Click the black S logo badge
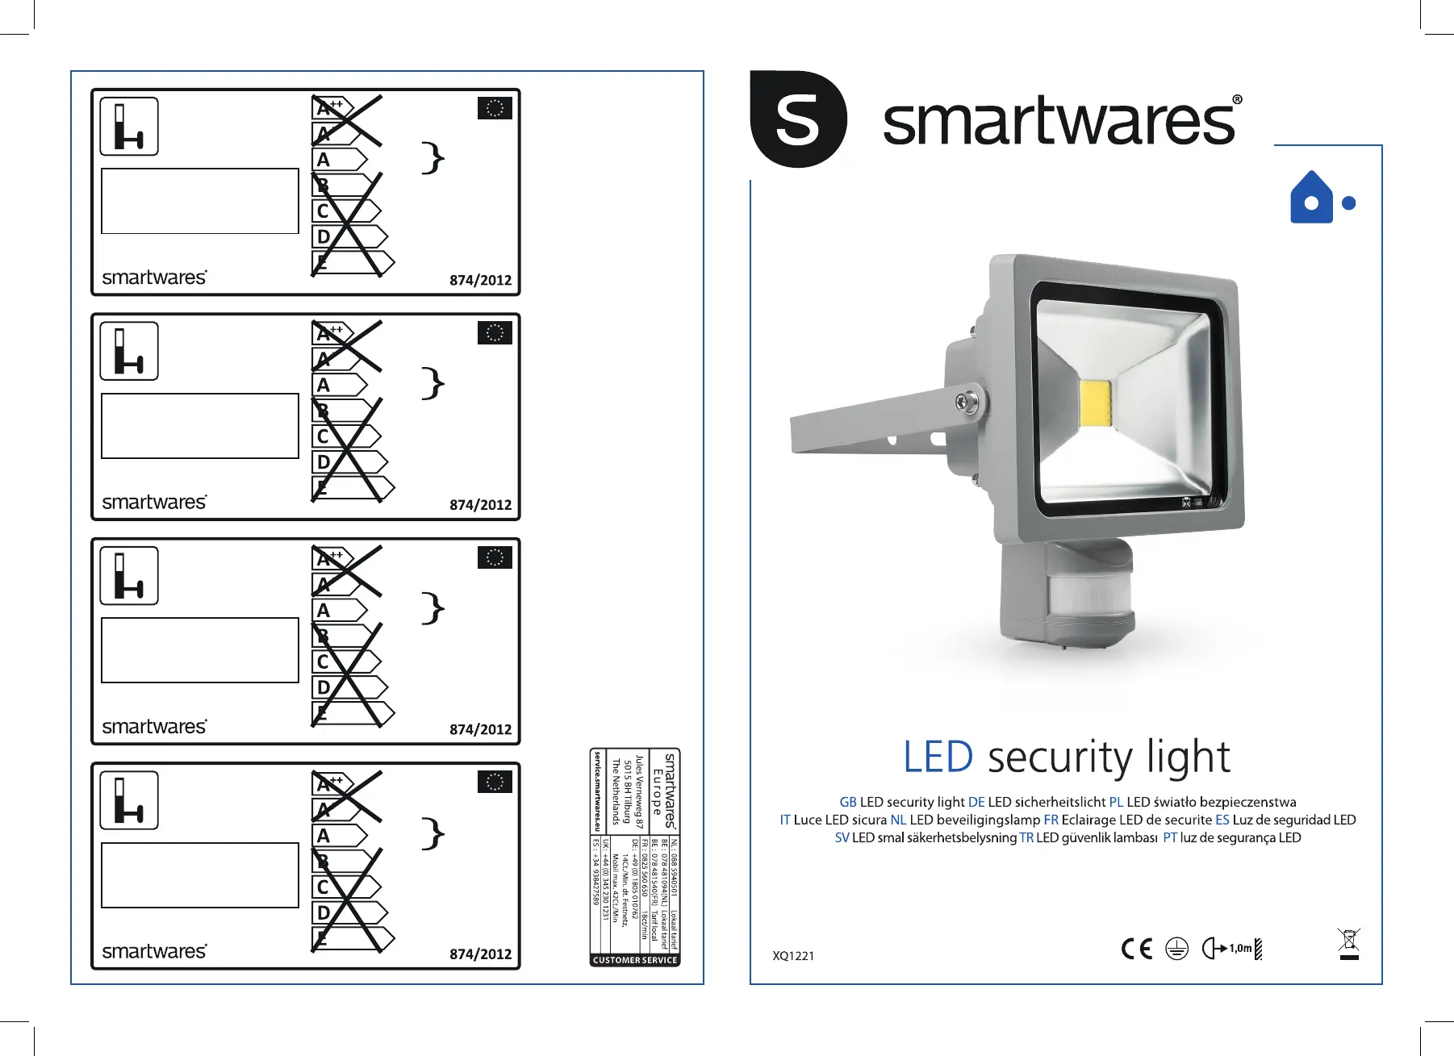coord(797,119)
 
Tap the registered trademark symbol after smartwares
coord(1237,101)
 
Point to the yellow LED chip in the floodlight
coord(1095,405)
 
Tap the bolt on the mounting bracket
coord(964,402)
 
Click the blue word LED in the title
coord(938,757)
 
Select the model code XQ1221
coord(793,956)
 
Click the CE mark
coord(1137,949)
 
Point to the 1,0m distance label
coord(1240,949)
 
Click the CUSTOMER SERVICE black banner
coord(635,960)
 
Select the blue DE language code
coord(976,802)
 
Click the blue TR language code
coord(1026,837)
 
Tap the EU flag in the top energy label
coord(495,108)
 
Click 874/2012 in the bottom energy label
coord(480,954)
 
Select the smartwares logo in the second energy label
coord(154,502)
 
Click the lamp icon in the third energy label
coord(129,576)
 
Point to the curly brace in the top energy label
coord(433,157)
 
